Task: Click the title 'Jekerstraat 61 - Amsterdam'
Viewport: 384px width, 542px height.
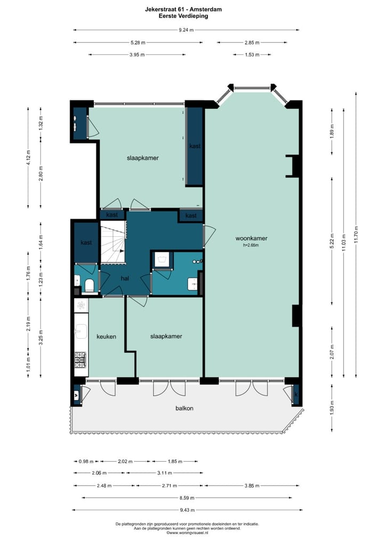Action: (x=183, y=10)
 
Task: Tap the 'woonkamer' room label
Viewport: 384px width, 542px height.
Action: (x=253, y=239)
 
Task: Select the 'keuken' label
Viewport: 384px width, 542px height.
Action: (x=106, y=336)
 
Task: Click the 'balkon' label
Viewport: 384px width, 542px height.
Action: (x=184, y=409)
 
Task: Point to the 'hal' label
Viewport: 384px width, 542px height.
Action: (x=125, y=278)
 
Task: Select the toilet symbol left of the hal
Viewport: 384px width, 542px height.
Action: (x=89, y=285)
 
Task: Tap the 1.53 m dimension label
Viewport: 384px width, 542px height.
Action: (x=252, y=54)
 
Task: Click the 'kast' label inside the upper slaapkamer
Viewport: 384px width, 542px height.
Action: (x=195, y=145)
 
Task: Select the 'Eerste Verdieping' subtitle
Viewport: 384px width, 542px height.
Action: (x=183, y=17)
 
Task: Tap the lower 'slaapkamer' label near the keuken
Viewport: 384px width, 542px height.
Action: (x=166, y=336)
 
